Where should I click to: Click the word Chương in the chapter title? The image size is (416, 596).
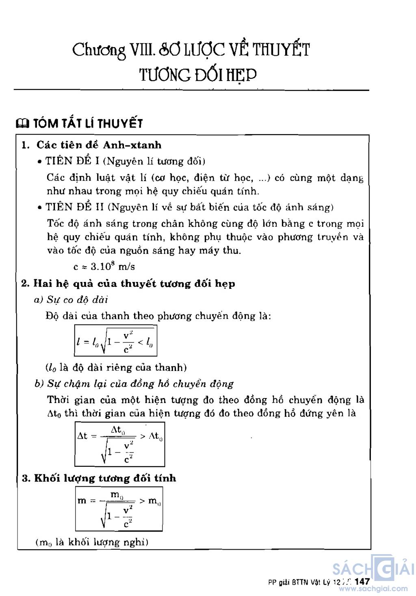click(x=99, y=50)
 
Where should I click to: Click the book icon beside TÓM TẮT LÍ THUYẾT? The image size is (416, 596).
click(x=22, y=123)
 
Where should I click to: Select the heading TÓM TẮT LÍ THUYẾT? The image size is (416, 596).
click(x=87, y=123)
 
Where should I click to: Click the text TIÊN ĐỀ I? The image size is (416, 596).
click(x=72, y=161)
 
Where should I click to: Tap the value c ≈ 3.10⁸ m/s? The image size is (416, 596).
click(x=104, y=267)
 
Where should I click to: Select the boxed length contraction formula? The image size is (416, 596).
click(x=115, y=340)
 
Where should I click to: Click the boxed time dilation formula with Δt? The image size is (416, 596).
click(x=120, y=444)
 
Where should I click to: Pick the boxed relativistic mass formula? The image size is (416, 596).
click(x=119, y=509)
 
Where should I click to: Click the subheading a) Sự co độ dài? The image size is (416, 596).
click(x=71, y=300)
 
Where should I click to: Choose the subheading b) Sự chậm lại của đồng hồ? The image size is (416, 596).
click(x=134, y=384)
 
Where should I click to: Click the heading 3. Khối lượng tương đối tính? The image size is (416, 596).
click(x=99, y=478)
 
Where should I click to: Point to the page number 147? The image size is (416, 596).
click(x=362, y=581)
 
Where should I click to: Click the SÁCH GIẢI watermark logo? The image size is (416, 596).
click(x=372, y=569)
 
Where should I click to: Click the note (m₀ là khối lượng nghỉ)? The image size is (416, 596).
click(x=92, y=542)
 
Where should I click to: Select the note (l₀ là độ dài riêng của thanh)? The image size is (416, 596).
click(x=116, y=368)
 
